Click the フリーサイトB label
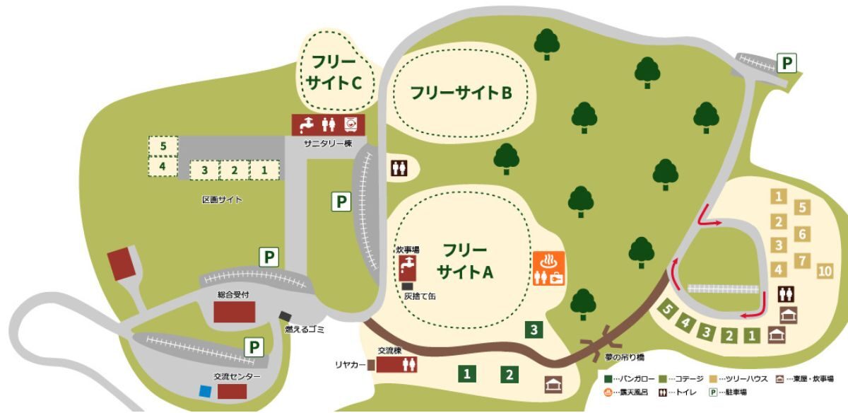[x=460, y=93]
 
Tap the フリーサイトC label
[x=334, y=72]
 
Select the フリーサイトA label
[x=464, y=261]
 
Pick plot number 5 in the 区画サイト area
[x=163, y=146]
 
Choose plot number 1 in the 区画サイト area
[x=264, y=170]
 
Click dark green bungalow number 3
[x=535, y=329]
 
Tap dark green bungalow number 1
[x=466, y=373]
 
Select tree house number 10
[x=824, y=271]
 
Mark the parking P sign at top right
[x=787, y=64]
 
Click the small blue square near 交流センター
[x=205, y=390]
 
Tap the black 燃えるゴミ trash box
[x=285, y=316]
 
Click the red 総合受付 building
[x=235, y=311]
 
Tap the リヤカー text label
[x=350, y=364]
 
